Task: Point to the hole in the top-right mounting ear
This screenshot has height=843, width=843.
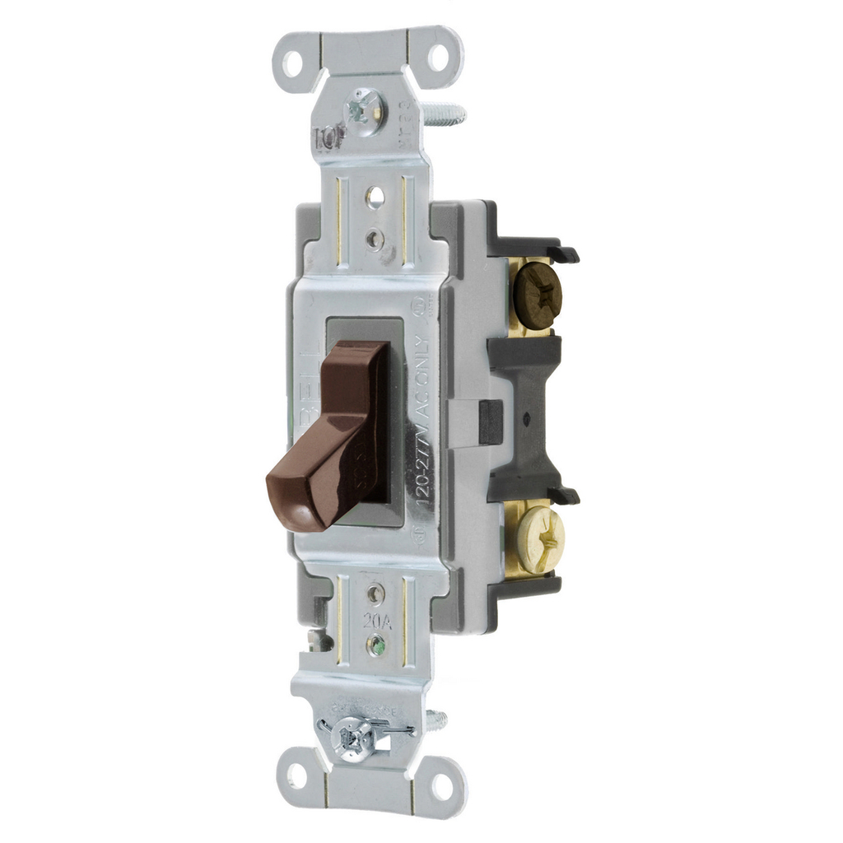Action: (438, 57)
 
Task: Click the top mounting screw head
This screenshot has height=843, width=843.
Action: (361, 108)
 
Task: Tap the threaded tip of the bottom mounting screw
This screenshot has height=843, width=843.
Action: (438, 720)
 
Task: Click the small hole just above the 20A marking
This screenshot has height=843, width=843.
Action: (376, 592)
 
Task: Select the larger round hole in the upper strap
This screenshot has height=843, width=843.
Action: (375, 196)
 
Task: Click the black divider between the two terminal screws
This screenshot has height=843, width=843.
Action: (527, 412)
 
